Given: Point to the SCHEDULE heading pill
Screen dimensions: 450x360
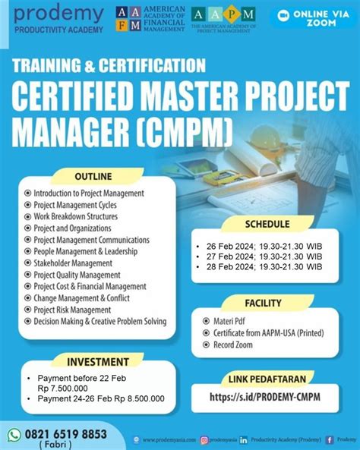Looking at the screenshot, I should (x=267, y=224).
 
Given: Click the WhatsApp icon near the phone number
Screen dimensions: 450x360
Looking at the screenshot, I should (x=14, y=435).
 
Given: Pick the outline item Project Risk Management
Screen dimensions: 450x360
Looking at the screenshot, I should (x=72, y=310).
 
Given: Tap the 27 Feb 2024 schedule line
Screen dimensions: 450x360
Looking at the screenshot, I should (x=264, y=256).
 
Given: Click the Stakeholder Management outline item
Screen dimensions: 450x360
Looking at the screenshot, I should (x=73, y=263).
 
